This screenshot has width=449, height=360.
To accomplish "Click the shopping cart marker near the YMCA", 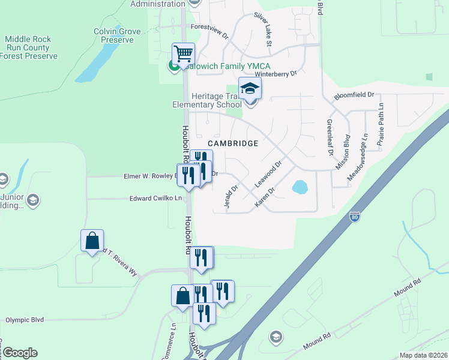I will click(183, 53).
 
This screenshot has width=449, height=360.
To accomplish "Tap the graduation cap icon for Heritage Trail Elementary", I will click(250, 89).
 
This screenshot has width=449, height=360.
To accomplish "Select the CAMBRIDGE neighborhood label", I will click(233, 143).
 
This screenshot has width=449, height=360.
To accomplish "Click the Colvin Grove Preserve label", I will click(117, 35).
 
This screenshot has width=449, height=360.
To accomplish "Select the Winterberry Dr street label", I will click(277, 74).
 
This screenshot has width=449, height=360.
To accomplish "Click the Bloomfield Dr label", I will click(354, 95).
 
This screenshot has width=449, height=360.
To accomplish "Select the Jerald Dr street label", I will click(231, 197).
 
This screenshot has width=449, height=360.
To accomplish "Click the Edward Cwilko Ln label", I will click(155, 198).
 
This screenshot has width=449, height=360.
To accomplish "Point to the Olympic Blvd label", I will click(26, 320).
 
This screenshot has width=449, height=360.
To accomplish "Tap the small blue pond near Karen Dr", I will click(300, 187).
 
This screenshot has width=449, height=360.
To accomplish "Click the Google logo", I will click(20, 353).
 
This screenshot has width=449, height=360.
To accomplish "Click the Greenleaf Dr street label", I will click(330, 137).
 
